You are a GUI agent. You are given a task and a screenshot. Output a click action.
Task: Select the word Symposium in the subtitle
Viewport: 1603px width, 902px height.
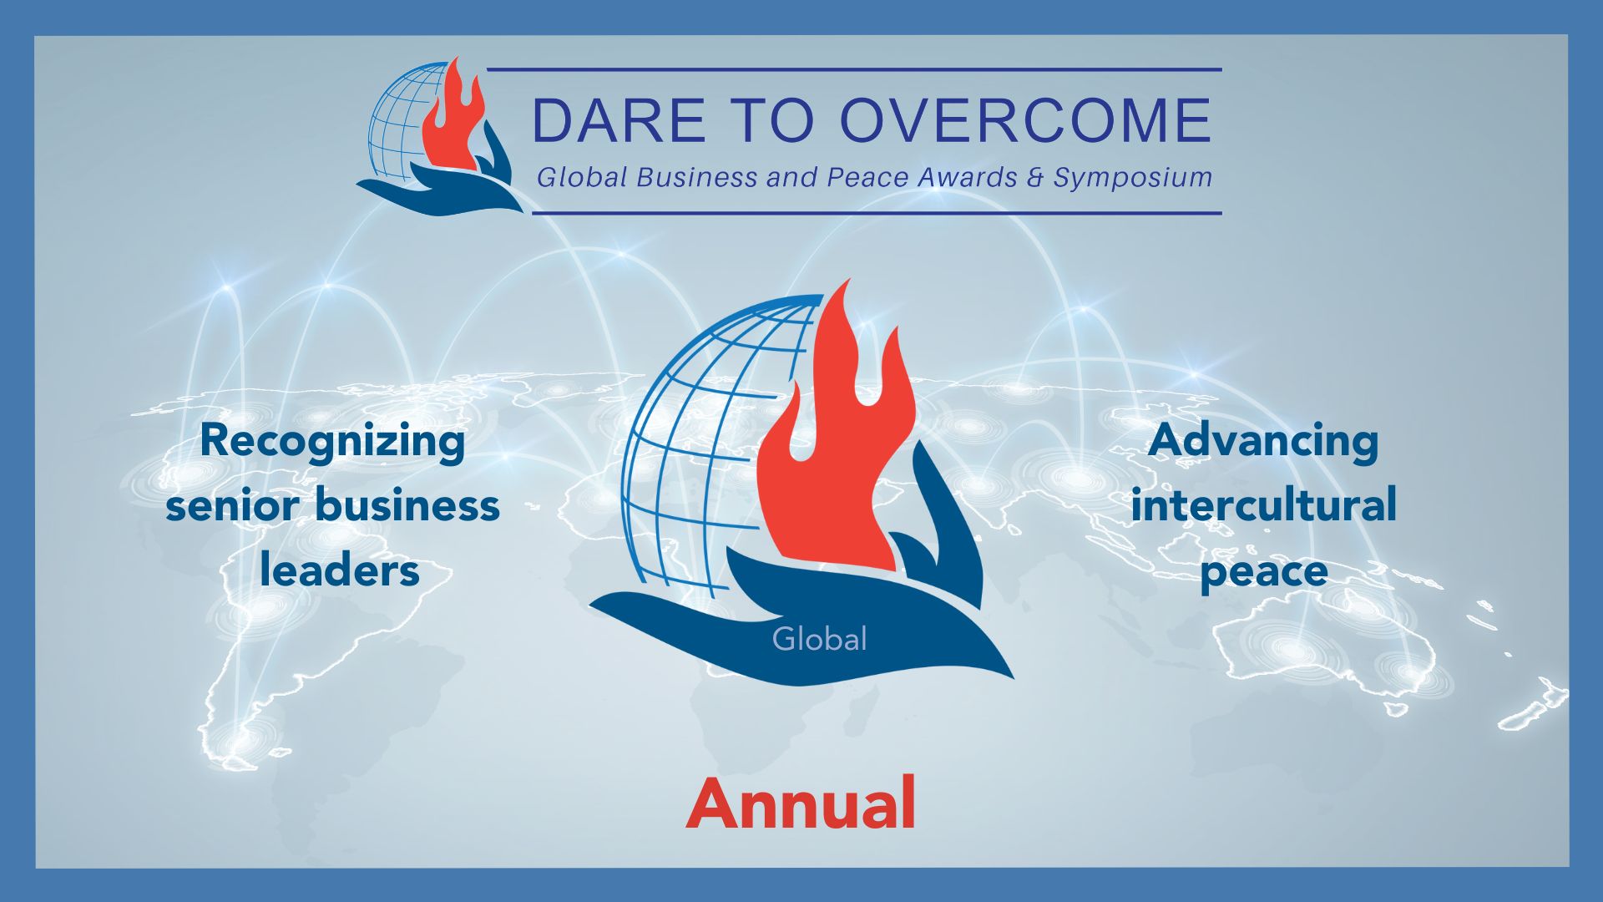coord(1133,177)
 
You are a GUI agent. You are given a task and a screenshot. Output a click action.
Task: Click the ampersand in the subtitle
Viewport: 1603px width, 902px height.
coord(1036,177)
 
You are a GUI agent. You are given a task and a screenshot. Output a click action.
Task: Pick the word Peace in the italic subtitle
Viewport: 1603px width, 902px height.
coord(867,177)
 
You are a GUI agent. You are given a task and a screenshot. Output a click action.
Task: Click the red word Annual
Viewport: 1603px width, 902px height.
coord(801,803)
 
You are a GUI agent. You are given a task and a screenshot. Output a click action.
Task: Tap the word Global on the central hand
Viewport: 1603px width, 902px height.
coord(819,639)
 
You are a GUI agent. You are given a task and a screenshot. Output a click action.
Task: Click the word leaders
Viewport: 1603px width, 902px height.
coord(339,570)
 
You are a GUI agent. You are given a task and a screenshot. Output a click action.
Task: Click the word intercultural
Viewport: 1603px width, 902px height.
coord(1263,505)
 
